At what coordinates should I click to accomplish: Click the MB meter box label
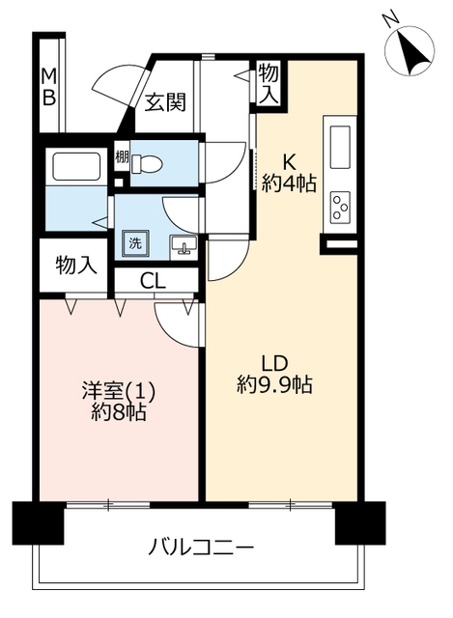pyautogui.click(x=49, y=87)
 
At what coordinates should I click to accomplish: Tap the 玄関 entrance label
pyautogui.click(x=164, y=103)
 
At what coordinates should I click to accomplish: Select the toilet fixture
pyautogui.click(x=146, y=163)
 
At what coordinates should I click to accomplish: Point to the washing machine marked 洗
pyautogui.click(x=135, y=243)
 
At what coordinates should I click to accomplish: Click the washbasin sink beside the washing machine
pyautogui.click(x=184, y=247)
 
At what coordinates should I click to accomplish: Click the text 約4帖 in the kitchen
pyautogui.click(x=289, y=183)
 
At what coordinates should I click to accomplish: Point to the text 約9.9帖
pyautogui.click(x=274, y=385)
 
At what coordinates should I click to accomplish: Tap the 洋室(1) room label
pyautogui.click(x=119, y=392)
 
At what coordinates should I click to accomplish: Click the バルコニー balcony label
pyautogui.click(x=201, y=548)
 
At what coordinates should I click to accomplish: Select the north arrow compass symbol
pyautogui.click(x=410, y=51)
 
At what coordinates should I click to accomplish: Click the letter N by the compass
pyautogui.click(x=390, y=19)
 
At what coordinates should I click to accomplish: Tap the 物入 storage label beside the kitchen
pyautogui.click(x=269, y=83)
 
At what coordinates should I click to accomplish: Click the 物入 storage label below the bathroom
pyautogui.click(x=75, y=266)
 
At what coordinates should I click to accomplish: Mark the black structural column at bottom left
pyautogui.click(x=38, y=522)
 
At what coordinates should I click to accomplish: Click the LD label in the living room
pyautogui.click(x=274, y=363)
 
